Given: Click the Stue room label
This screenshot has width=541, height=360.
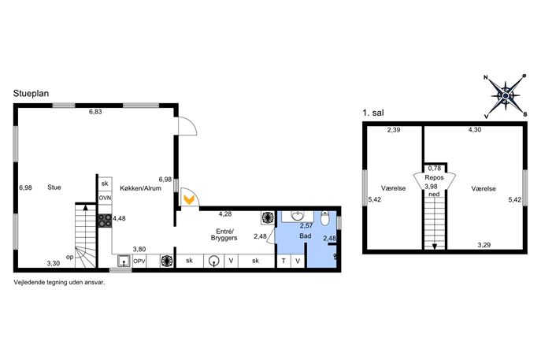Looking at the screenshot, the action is [54, 187].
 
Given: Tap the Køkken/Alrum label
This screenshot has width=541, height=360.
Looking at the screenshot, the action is [140, 188].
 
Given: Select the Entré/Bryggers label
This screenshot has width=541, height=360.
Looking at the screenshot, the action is [224, 235].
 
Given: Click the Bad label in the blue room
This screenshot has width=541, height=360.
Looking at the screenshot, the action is [306, 236].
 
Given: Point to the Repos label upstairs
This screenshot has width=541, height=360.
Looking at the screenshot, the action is [434, 178].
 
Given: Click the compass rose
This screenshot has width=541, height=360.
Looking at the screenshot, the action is [506, 95].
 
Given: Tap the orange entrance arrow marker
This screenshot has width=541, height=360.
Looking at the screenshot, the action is [189, 199].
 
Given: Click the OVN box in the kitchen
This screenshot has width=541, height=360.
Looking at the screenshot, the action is [105, 199].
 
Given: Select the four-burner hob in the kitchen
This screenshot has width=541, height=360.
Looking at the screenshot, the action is [105, 221].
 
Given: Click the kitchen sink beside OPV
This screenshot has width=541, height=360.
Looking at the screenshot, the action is [124, 261].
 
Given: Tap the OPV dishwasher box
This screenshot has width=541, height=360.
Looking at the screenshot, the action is [139, 261].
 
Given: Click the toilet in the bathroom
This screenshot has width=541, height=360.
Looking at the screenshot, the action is [325, 218].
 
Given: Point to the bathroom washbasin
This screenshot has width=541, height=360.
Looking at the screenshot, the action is [298, 217].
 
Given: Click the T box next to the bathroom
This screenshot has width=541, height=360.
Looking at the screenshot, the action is [284, 261].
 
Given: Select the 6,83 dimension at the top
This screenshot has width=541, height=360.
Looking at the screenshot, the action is [95, 112].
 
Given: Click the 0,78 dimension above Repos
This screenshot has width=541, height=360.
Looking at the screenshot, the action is [435, 169].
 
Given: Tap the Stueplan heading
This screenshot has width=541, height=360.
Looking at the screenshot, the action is [31, 94].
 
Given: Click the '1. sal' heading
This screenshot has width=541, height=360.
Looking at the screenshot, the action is [373, 113].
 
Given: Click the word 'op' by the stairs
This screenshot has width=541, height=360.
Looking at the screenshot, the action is [70, 257].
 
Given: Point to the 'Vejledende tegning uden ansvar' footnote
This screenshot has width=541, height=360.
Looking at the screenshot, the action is [59, 282].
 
